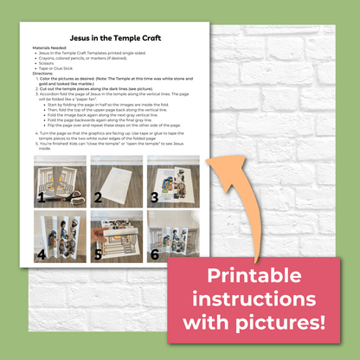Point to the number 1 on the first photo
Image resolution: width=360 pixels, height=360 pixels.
(x=40, y=196)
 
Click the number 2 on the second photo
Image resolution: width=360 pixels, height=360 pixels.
(x=97, y=196)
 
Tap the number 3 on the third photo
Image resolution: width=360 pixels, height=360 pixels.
(x=154, y=196)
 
